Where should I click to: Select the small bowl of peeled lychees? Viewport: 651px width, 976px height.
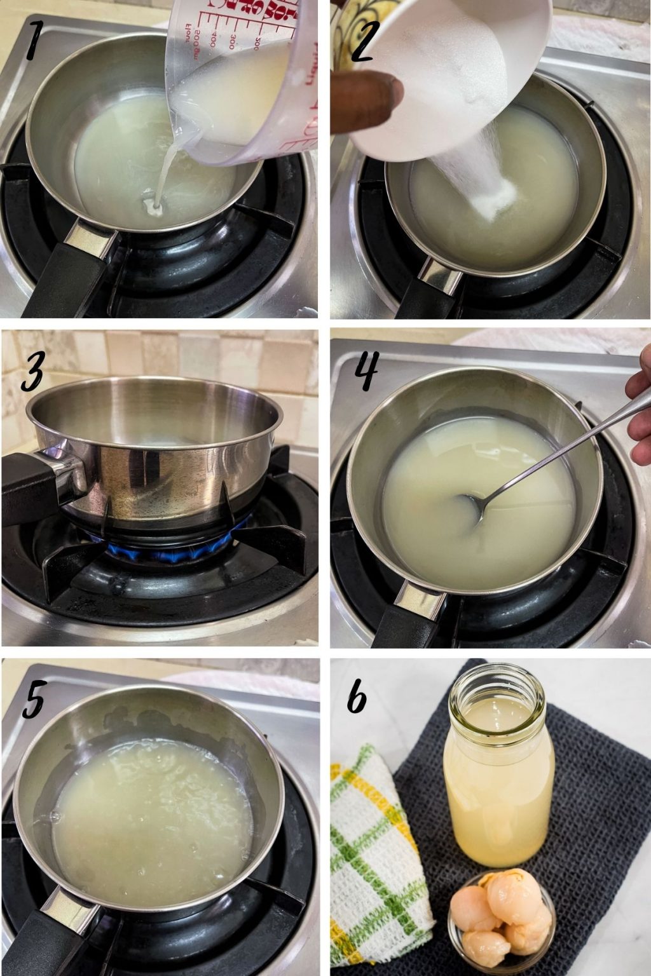coord(501,916)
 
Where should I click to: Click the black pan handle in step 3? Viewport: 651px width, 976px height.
coord(38,489)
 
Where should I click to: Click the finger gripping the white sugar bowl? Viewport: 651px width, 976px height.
coord(369,102)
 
